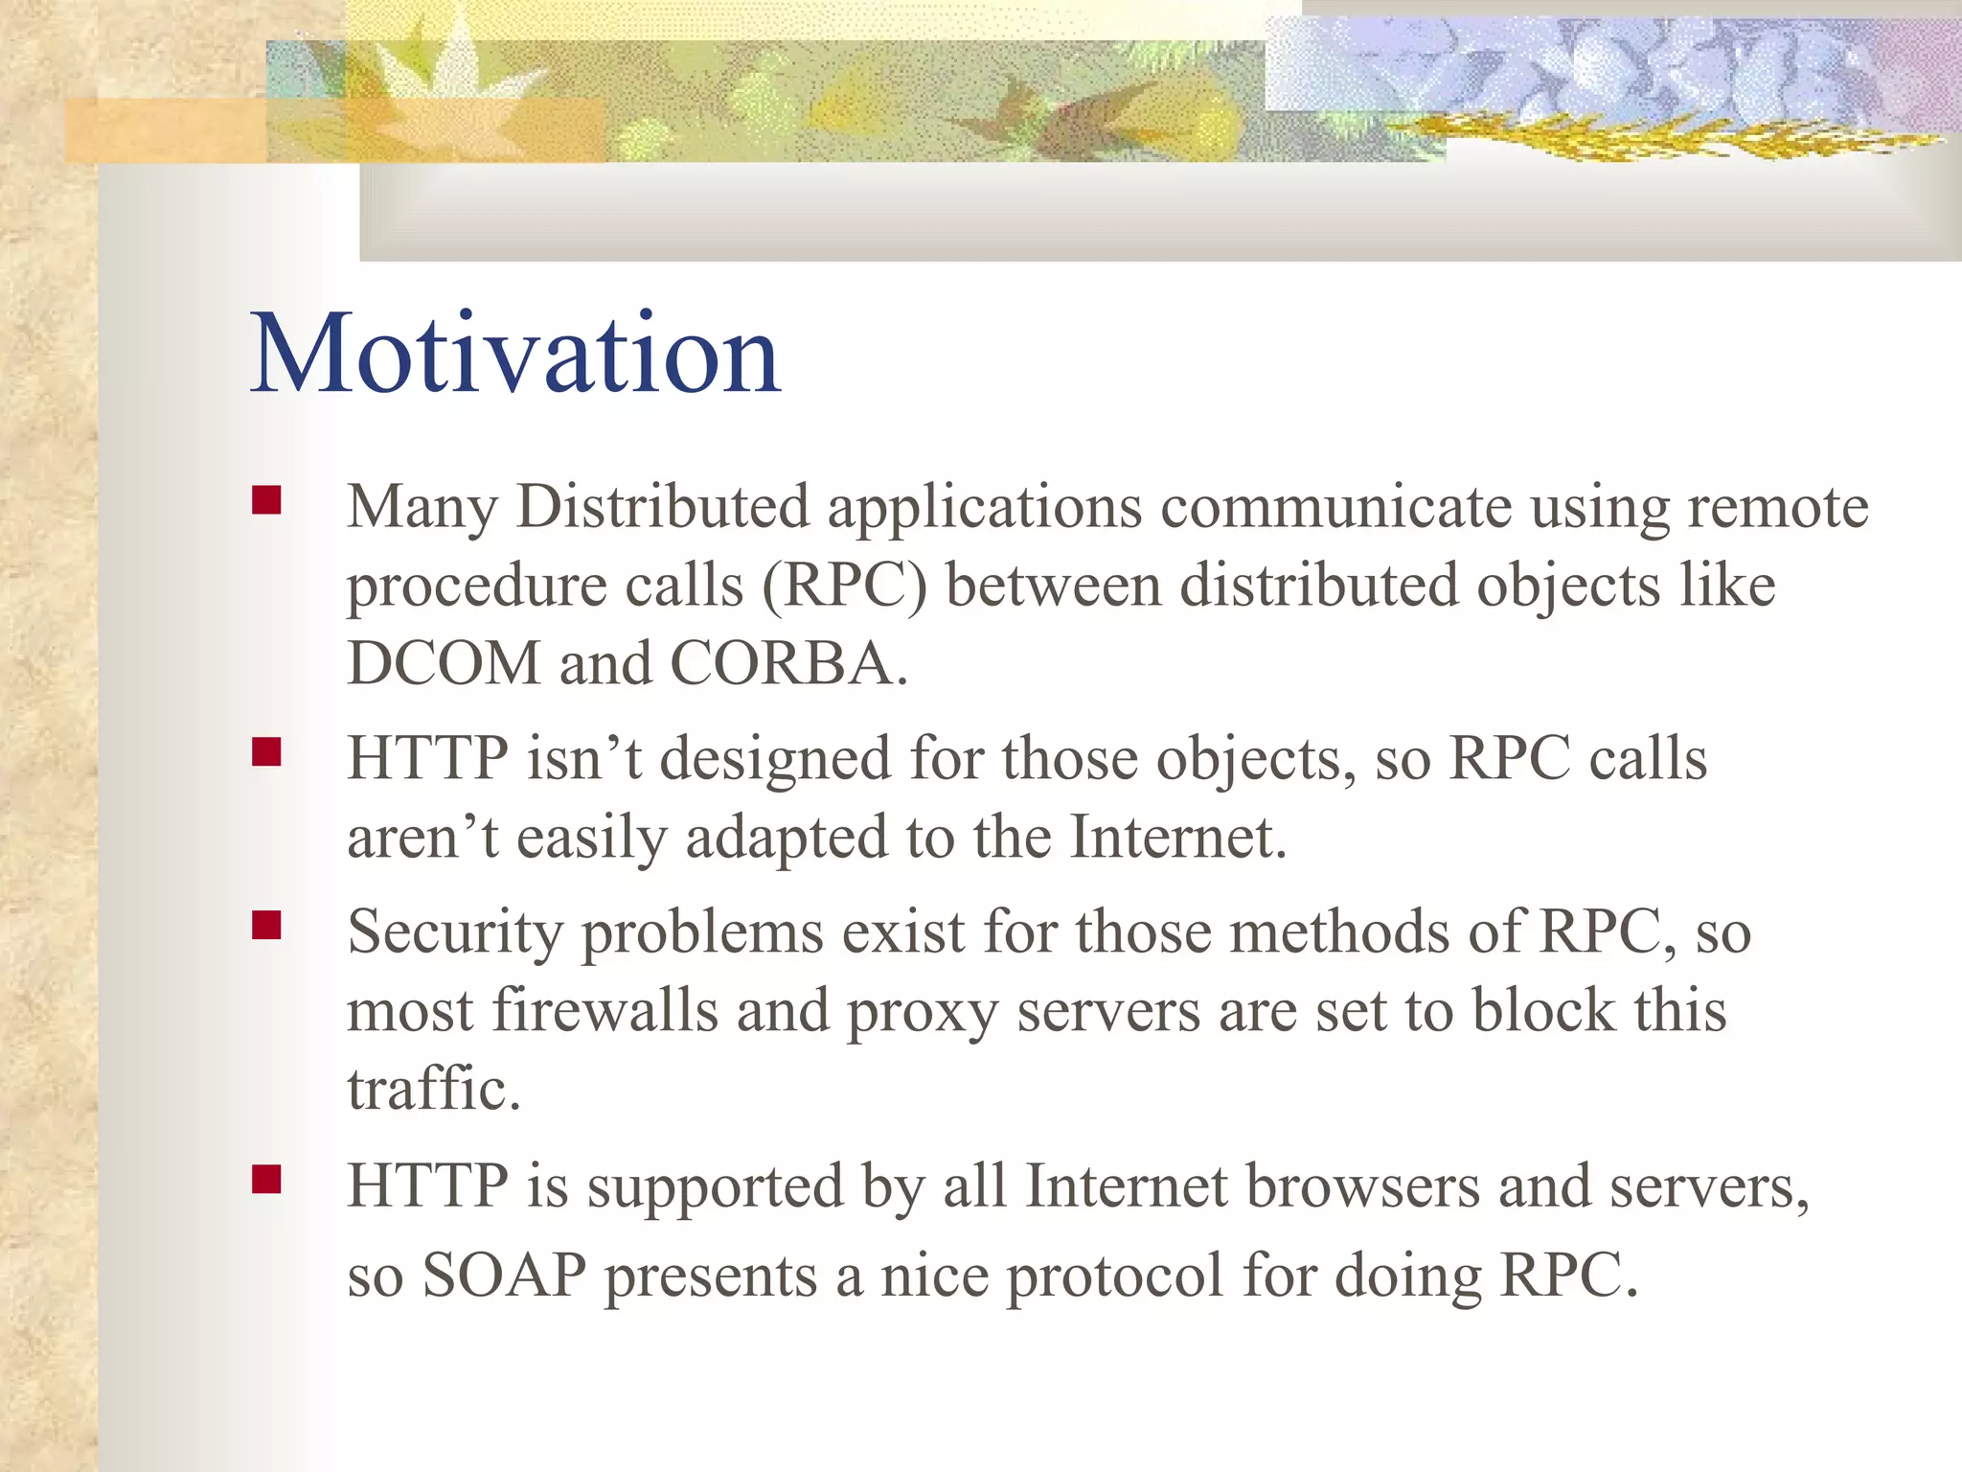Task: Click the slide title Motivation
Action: click(515, 355)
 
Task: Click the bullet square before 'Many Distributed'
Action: click(266, 501)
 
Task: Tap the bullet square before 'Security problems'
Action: click(266, 926)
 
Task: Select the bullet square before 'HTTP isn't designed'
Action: click(266, 752)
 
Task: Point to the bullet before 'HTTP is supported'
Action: click(266, 1179)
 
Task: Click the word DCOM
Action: click(444, 663)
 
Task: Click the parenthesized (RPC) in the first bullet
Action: click(845, 586)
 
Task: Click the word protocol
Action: click(1114, 1277)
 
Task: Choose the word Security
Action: click(455, 933)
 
